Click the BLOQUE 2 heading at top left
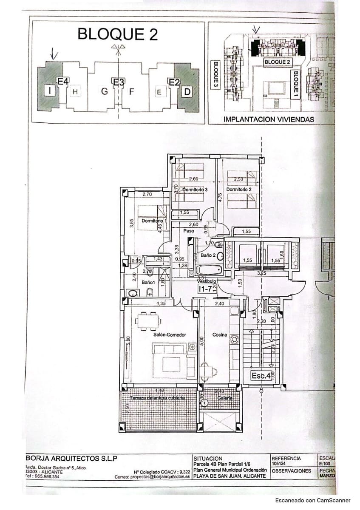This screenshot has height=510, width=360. (x=117, y=34)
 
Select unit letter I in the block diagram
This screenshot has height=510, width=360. (x=50, y=90)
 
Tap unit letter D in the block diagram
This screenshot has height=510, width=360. (x=187, y=91)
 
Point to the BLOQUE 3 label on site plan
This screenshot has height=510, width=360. (x=215, y=75)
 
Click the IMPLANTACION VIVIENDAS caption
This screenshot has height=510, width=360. (x=269, y=119)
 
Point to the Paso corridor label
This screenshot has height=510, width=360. (x=189, y=231)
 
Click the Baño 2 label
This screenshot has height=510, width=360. (x=209, y=255)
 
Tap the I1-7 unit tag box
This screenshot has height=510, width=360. (x=206, y=289)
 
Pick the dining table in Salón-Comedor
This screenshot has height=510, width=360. (x=147, y=320)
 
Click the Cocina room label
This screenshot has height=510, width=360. (x=220, y=335)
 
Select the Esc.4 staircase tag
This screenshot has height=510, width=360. (x=261, y=376)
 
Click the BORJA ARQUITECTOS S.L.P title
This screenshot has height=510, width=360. (x=71, y=458)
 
